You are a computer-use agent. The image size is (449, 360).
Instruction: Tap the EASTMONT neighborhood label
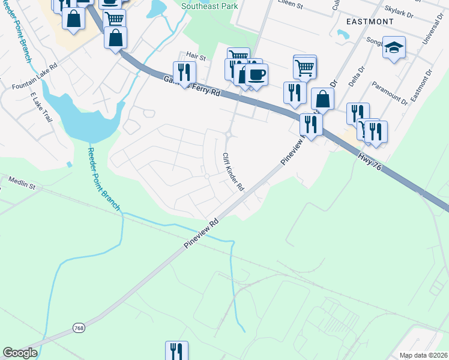370,22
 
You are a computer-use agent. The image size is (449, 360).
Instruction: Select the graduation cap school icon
394,47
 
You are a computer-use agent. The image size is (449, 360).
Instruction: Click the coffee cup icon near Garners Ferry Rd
256,75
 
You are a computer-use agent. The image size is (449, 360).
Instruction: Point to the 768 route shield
79,328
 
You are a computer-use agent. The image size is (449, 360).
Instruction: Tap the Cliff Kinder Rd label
233,172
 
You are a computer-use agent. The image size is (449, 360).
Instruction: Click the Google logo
20,353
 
